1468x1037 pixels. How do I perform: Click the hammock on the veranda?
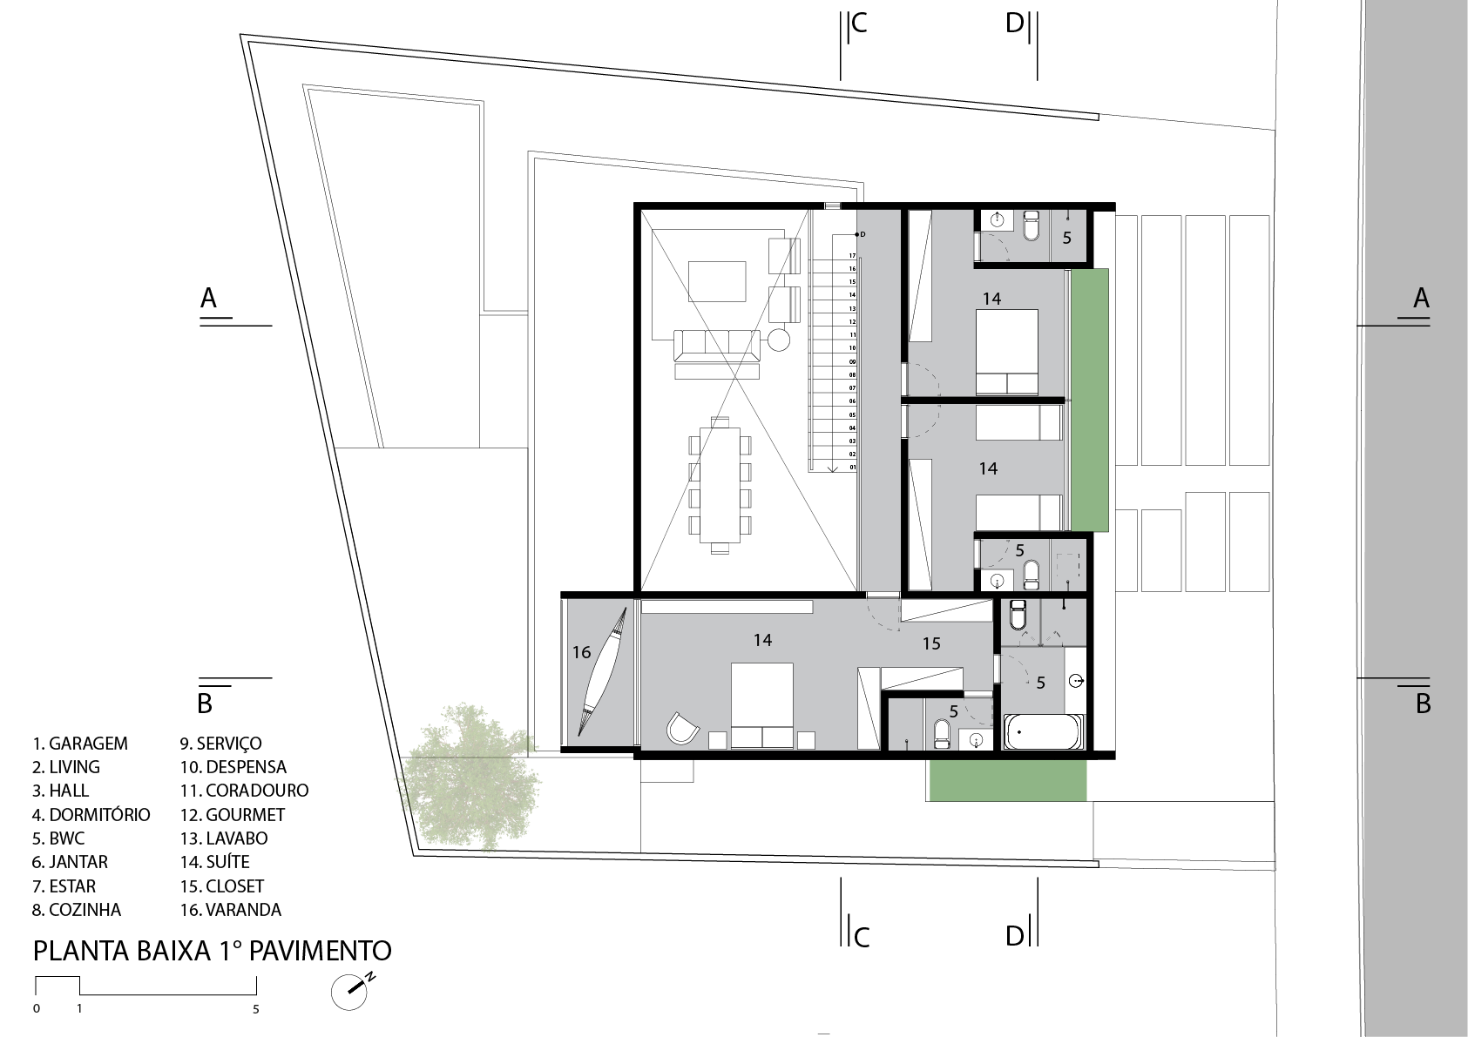click(x=602, y=672)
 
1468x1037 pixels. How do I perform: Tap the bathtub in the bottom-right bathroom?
click(x=1043, y=731)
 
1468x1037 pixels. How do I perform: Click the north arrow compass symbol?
click(x=351, y=991)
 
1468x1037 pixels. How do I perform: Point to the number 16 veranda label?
click(x=581, y=652)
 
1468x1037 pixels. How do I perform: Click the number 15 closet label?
click(x=931, y=644)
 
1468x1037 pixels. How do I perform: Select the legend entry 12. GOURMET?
click(x=233, y=815)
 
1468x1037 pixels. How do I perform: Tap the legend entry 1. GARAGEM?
click(x=80, y=744)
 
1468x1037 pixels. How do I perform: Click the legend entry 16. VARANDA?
click(x=231, y=910)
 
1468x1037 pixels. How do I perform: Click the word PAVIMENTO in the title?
click(x=321, y=951)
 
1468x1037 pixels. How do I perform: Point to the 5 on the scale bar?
click(x=255, y=1009)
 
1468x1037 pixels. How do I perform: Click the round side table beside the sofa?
click(x=778, y=340)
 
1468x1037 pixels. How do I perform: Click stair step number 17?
click(x=853, y=255)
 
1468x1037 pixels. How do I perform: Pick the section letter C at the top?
click(x=858, y=23)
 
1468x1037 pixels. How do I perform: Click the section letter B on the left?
click(x=205, y=704)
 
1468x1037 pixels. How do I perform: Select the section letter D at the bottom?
click(x=1014, y=936)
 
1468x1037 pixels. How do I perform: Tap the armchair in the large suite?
click(x=682, y=729)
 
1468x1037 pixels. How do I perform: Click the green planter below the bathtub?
click(x=1008, y=780)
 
